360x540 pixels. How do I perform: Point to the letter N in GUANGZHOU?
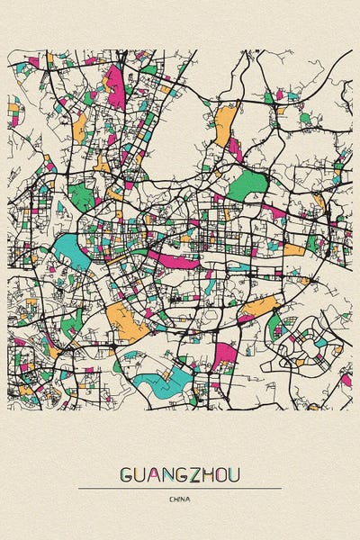coord(165,474)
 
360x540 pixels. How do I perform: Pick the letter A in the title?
coord(151,474)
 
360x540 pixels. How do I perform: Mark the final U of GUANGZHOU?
coord(235,474)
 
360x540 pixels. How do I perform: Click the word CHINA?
coord(180,498)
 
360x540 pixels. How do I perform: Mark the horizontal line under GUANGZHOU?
coord(180,488)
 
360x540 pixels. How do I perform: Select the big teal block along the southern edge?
coord(162,385)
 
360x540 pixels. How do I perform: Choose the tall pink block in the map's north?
coord(115,85)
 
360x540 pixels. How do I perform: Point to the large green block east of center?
coord(246,186)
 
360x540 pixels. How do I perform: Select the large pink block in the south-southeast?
coord(224,353)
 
